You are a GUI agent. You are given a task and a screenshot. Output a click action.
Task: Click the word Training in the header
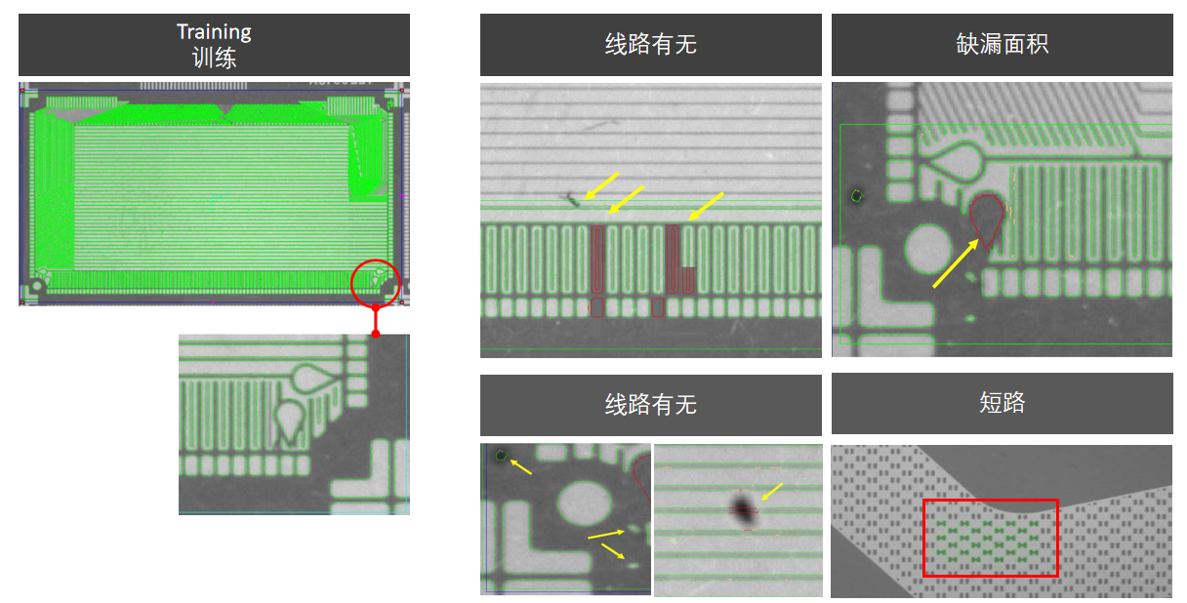pos(214,32)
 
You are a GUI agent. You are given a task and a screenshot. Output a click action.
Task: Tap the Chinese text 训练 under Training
pos(214,58)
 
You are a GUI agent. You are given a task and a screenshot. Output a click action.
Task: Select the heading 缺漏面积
pos(1002,45)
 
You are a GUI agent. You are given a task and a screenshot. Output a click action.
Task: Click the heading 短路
pos(1002,403)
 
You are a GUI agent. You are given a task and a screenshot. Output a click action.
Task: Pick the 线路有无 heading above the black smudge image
pos(650,405)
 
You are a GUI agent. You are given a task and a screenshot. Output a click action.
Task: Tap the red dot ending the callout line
pos(376,334)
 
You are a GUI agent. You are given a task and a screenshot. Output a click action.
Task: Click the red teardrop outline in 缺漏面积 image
pos(988,217)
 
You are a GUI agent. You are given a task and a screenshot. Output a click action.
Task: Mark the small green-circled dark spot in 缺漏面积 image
pos(857,195)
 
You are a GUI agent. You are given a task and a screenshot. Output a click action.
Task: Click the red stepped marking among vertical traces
pos(680,261)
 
